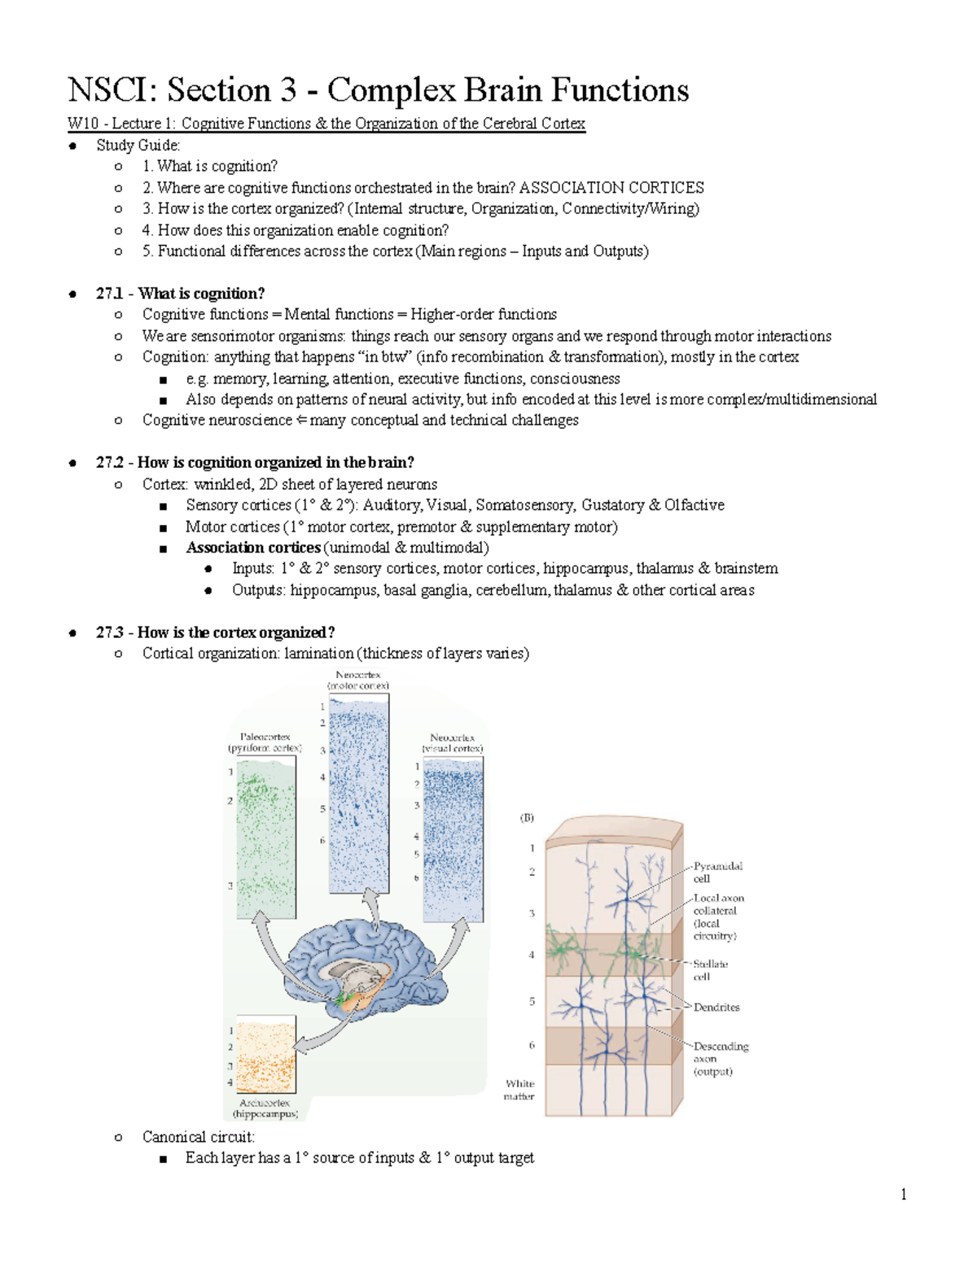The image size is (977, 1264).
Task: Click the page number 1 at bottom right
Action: [903, 1194]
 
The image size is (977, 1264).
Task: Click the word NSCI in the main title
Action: [112, 90]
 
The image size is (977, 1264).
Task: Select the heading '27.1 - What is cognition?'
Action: [180, 293]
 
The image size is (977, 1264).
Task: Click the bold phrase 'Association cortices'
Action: [252, 548]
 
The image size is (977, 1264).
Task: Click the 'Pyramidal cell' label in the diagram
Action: [717, 873]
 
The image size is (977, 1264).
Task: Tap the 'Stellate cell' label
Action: [710, 969]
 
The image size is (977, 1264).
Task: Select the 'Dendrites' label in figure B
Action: [716, 1007]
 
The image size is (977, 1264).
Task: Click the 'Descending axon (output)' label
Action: [721, 1058]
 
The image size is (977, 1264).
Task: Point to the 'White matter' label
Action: [519, 1090]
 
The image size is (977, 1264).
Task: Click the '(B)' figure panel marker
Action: [527, 817]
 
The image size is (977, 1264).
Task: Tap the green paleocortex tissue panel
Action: [265, 838]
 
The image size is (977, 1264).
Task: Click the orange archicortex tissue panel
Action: [265, 1053]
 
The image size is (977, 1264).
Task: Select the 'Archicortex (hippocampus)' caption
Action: [265, 1108]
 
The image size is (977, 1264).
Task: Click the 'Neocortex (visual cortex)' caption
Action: [452, 742]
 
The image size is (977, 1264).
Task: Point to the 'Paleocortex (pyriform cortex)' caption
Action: [265, 741]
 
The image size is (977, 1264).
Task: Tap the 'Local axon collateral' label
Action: [717, 916]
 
